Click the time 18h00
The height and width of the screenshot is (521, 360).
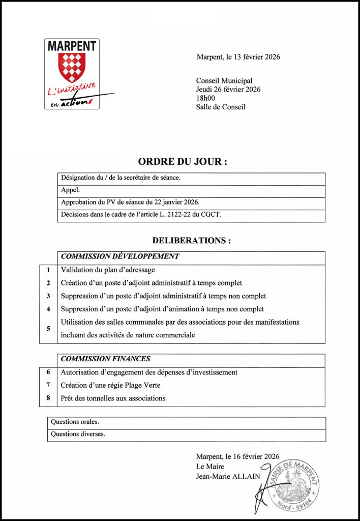(205, 98)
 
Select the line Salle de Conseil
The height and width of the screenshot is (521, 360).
(220, 107)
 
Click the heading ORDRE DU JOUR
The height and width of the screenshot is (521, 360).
(182, 162)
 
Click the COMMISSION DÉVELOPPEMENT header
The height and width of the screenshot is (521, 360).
(120, 257)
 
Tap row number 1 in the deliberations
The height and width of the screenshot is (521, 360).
(48, 270)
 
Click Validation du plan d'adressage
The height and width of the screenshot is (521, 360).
(108, 270)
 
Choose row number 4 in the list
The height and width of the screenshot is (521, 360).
(48, 309)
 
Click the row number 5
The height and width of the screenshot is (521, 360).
(48, 329)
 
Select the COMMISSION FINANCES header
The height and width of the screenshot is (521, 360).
(105, 359)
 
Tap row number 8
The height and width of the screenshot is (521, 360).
(48, 398)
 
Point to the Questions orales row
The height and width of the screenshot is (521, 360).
(75, 422)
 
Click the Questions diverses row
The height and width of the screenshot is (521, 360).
(78, 435)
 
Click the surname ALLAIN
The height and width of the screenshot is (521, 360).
(243, 476)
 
